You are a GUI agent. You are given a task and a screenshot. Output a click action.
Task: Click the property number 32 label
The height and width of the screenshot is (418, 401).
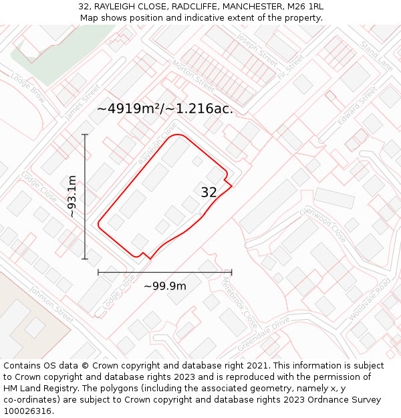point(209,193)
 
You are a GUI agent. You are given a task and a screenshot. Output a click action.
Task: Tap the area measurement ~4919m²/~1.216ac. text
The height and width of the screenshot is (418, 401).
point(165,108)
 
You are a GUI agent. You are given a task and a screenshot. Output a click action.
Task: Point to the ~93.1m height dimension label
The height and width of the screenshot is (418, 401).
point(72,197)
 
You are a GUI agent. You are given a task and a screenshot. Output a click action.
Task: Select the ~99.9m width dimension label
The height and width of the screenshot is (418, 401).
point(165,286)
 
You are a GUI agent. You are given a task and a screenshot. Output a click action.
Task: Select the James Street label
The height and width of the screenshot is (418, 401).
point(82,102)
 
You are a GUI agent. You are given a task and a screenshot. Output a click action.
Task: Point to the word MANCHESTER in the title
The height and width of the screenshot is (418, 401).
point(233,6)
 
